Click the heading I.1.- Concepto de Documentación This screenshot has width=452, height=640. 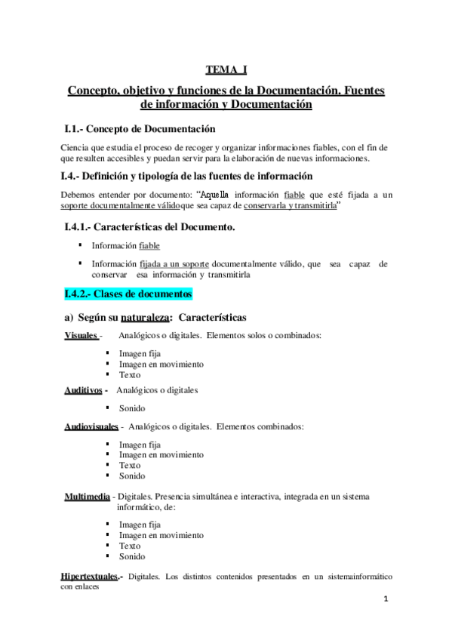click(140, 129)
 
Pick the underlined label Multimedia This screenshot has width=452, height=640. click(87, 496)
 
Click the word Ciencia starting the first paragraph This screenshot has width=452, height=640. click(75, 147)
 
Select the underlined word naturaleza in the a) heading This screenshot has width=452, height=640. click(150, 318)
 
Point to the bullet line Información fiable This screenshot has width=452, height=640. click(125, 245)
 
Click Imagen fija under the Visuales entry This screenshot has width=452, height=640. click(140, 353)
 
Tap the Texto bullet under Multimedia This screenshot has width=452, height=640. click(130, 546)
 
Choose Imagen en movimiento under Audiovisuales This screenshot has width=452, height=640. click(161, 455)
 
